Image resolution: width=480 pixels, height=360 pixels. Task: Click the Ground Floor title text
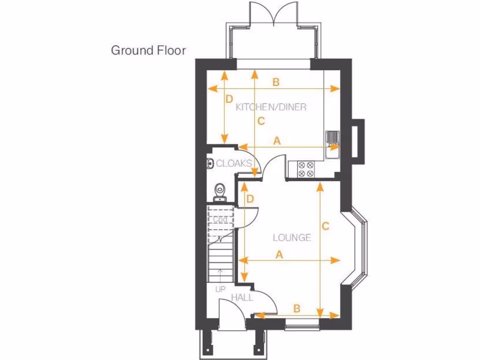(148, 50)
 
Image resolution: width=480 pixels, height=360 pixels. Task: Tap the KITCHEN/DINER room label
(271, 107)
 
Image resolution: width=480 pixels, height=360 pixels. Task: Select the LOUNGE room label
(292, 238)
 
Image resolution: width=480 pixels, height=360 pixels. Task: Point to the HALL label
(242, 298)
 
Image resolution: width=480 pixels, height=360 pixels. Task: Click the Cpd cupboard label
(220, 219)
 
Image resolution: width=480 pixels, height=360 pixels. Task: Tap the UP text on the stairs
(220, 289)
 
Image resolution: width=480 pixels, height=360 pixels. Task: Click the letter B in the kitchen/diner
(276, 82)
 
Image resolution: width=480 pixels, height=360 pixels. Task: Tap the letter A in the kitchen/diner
(277, 140)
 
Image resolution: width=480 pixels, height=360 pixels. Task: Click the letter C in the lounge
(325, 225)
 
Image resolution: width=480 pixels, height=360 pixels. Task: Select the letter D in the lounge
(250, 199)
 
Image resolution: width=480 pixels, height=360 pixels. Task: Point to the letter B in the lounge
(296, 308)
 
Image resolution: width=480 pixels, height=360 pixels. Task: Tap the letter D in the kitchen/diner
(229, 99)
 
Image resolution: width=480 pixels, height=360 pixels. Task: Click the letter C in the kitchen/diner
(261, 121)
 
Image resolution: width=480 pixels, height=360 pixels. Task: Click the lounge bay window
(360, 248)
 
